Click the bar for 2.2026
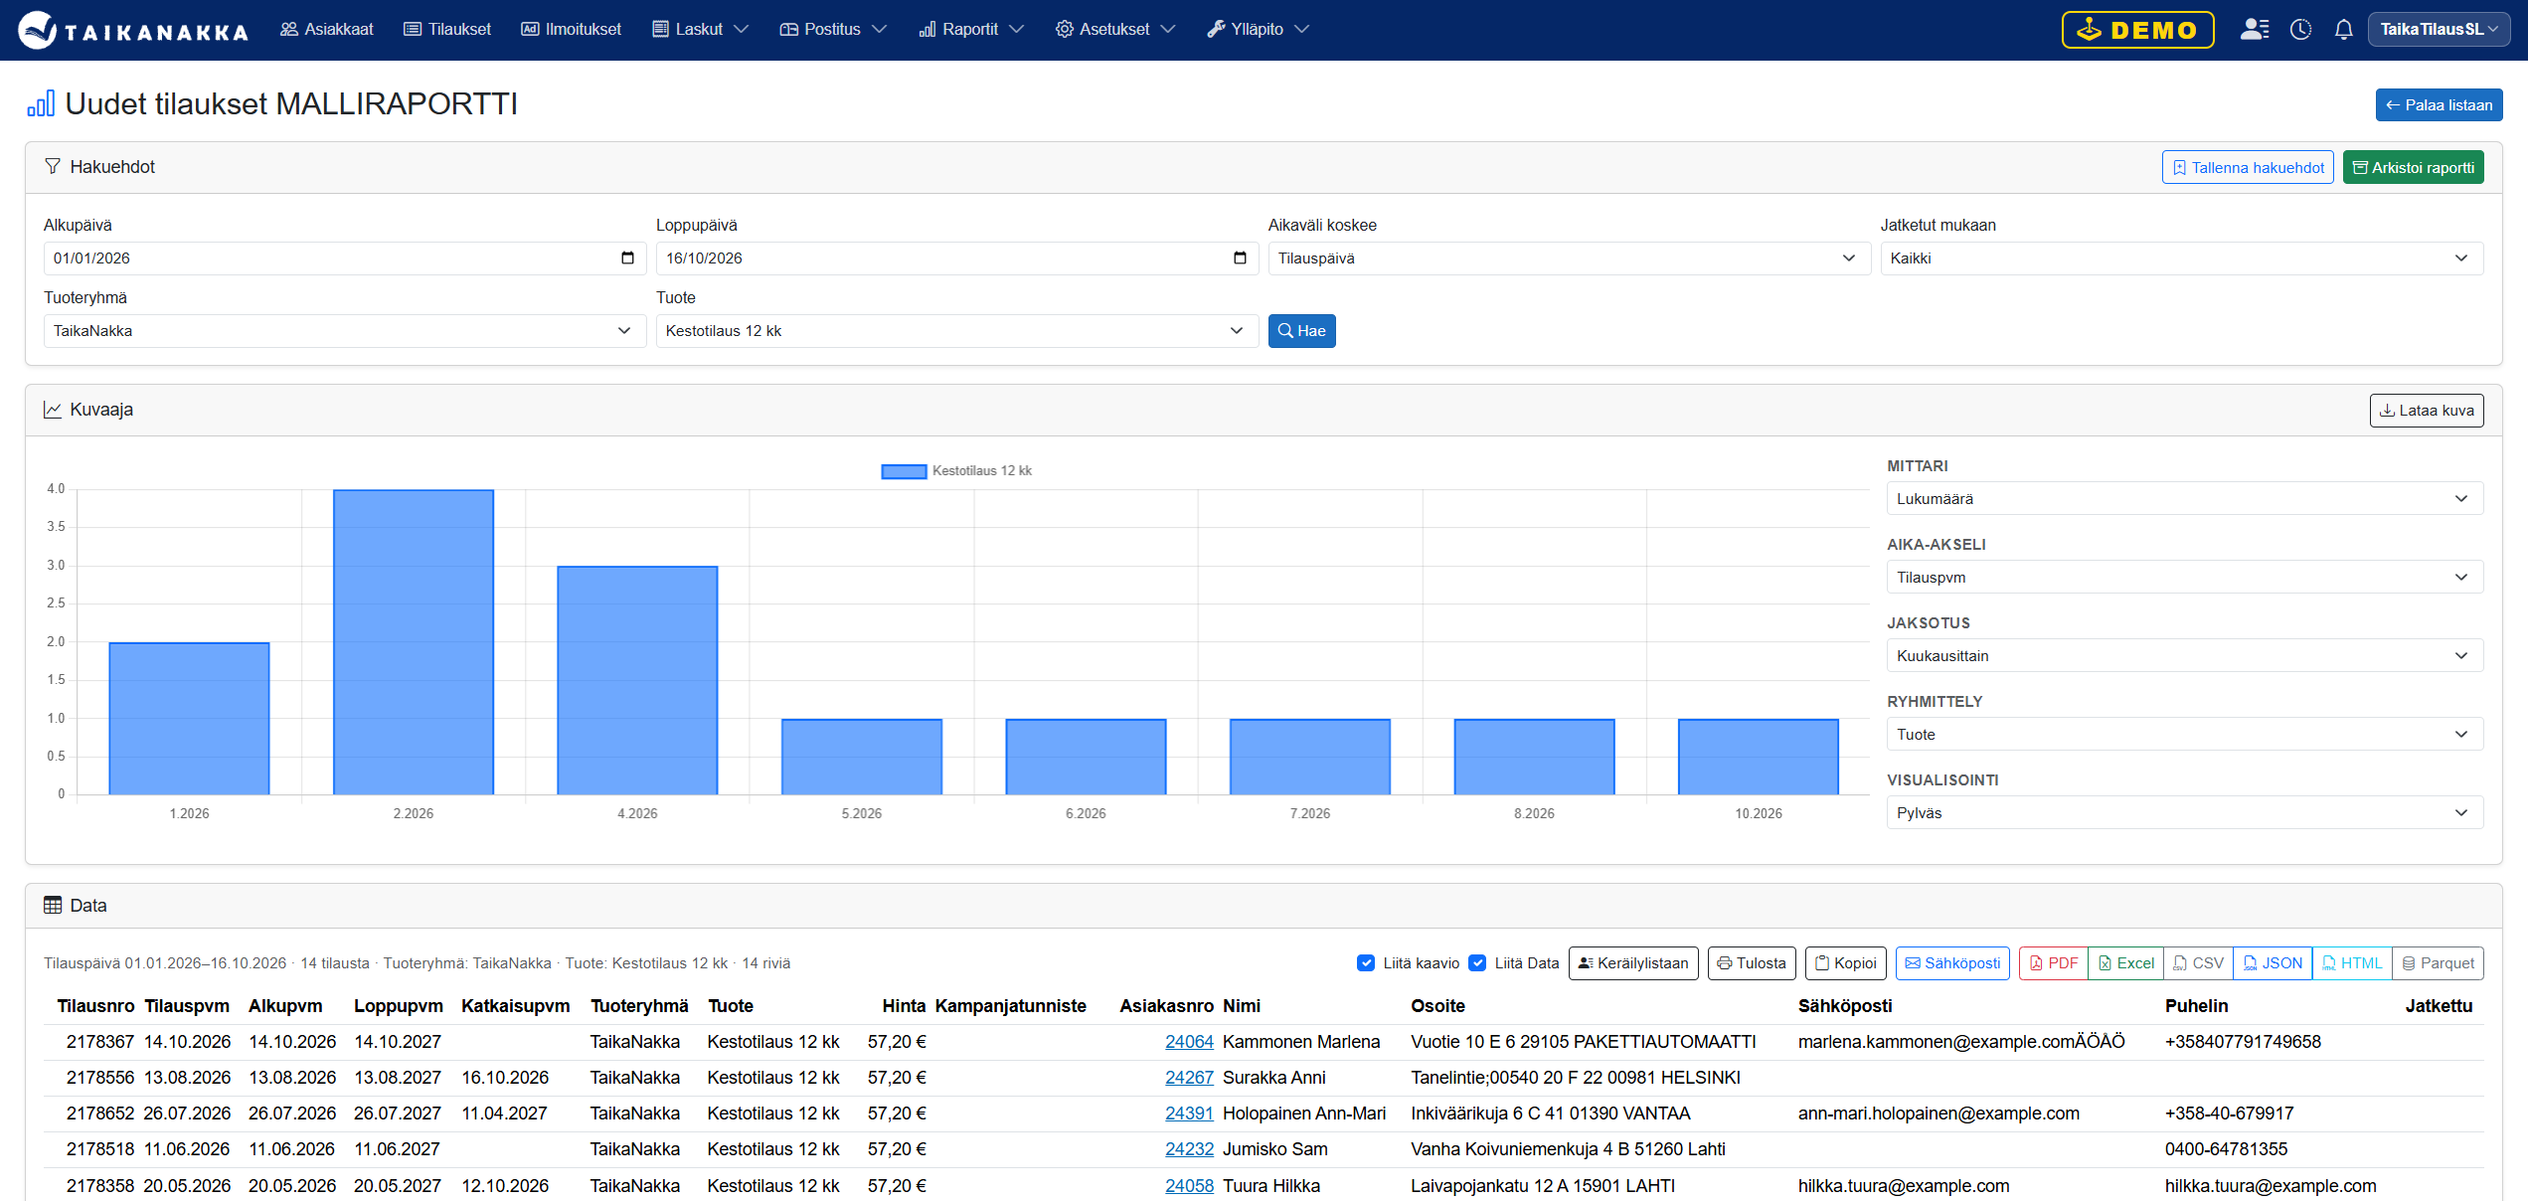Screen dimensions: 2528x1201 [414, 642]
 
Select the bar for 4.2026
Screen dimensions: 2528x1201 [637, 680]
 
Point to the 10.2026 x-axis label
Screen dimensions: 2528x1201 [1759, 813]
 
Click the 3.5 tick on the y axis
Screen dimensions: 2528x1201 [56, 527]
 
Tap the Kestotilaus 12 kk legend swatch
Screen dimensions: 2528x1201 [904, 471]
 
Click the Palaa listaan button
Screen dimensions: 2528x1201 [2439, 105]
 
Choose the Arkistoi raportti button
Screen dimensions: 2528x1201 [2413, 168]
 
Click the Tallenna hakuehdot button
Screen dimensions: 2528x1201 [2248, 168]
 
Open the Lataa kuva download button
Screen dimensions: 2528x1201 [2427, 411]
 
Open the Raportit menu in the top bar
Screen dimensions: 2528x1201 [970, 30]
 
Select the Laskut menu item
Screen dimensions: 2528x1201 [700, 30]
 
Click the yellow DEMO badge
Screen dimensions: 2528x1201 [2137, 30]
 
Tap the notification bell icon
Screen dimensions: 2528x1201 [2343, 30]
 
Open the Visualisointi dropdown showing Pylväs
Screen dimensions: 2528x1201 [2184, 813]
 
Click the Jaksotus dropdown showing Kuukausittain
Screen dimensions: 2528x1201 [2184, 656]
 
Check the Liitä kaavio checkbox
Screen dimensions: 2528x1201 [1366, 963]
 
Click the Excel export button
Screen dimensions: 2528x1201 [2125, 963]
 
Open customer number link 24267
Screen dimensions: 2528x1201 [1189, 1078]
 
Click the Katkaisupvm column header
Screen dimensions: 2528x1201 [516, 1006]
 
